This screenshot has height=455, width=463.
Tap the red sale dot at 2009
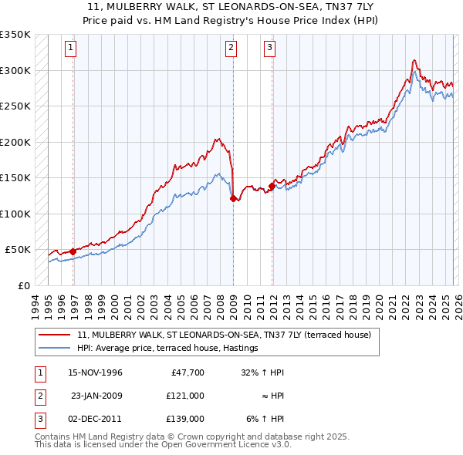(x=233, y=199)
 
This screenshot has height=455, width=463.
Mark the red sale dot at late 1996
(x=73, y=251)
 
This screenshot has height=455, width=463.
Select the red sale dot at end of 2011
(x=272, y=186)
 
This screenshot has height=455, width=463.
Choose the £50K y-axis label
(x=18, y=250)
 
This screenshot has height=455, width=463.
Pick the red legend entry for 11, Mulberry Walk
(x=224, y=335)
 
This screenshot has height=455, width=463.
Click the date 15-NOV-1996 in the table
(x=96, y=372)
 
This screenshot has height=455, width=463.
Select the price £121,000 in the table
(x=184, y=395)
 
